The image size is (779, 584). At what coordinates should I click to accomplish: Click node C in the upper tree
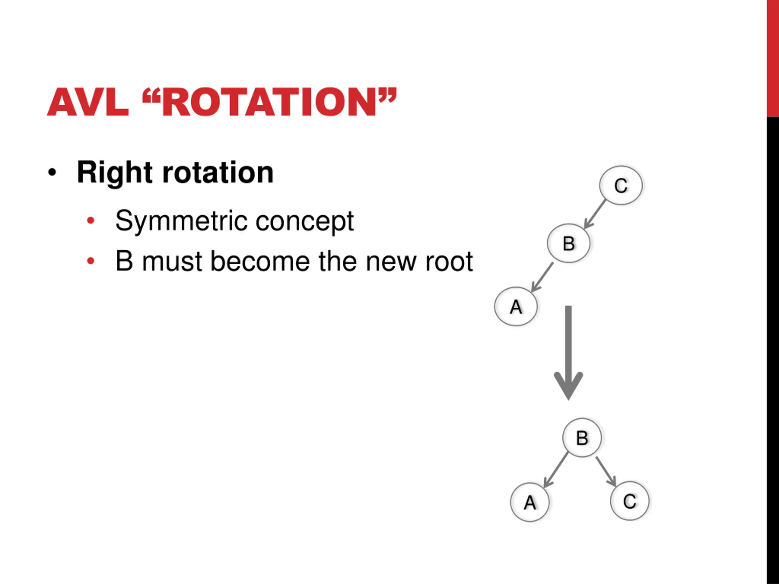tap(621, 186)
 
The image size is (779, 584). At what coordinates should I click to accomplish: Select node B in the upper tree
tap(568, 243)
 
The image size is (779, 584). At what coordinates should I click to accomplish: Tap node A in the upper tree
tap(516, 307)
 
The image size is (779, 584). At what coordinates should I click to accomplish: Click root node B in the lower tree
tap(582, 438)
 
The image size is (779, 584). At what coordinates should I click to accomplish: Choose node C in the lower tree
tap(629, 501)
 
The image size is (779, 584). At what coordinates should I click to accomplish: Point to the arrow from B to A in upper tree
tap(542, 277)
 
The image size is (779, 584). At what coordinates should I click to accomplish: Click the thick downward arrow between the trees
tap(568, 352)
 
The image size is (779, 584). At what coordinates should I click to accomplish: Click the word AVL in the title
tap(88, 103)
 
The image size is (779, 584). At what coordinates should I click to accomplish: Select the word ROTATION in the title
tap(269, 103)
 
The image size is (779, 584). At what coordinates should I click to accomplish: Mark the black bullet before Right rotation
tap(52, 173)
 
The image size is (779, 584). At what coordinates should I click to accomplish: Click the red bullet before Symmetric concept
tap(90, 221)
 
